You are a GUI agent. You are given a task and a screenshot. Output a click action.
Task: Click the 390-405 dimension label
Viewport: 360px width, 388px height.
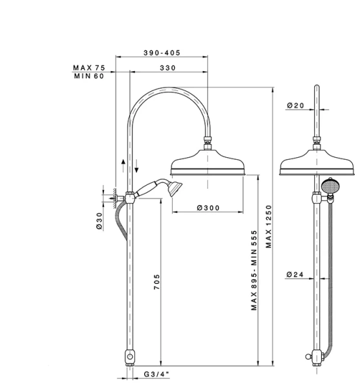[162, 53]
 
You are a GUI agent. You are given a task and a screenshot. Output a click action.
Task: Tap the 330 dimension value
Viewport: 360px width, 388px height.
[167, 68]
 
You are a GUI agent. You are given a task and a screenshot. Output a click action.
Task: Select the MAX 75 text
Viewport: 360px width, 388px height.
[89, 67]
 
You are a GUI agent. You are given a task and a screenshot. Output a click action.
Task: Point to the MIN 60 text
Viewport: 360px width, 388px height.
[89, 76]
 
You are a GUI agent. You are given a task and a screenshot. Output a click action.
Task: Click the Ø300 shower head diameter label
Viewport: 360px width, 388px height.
[208, 208]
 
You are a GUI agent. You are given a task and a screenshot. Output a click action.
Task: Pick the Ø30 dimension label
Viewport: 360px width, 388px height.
[99, 221]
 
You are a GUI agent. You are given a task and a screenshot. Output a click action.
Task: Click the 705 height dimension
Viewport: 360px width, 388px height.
[157, 281]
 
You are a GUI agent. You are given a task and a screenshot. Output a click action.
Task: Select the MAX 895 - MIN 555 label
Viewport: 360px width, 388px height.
[254, 270]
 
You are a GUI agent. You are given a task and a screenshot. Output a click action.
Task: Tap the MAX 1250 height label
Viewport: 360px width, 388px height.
[268, 226]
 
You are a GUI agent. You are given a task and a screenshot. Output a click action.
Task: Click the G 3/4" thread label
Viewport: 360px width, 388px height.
[156, 374]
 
